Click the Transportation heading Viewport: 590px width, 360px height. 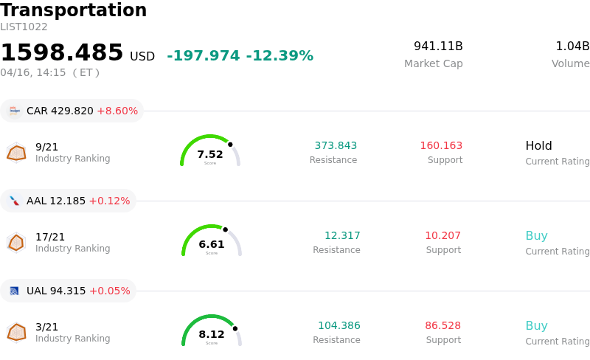point(74,11)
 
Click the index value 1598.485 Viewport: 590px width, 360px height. point(62,53)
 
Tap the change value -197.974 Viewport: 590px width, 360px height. point(204,56)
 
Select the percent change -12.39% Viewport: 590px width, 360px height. point(280,56)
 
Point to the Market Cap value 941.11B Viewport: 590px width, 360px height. point(438,46)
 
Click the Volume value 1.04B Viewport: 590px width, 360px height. point(572,46)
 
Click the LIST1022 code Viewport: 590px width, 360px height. point(24,27)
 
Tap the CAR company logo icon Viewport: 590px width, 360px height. point(14,111)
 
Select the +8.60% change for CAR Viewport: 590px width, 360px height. point(117,111)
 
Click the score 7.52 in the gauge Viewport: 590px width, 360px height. point(210,154)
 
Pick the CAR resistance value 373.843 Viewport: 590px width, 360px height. point(336,145)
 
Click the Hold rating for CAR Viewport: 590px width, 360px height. point(538,145)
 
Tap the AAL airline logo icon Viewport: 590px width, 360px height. point(14,201)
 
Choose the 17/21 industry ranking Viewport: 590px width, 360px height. point(50,237)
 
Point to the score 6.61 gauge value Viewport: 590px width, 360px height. point(212,244)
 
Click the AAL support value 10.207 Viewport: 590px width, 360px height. point(442,235)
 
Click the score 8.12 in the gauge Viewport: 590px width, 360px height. point(212,334)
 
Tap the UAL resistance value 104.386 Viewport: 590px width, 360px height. point(339,325)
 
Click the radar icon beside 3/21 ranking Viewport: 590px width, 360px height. point(16,333)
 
